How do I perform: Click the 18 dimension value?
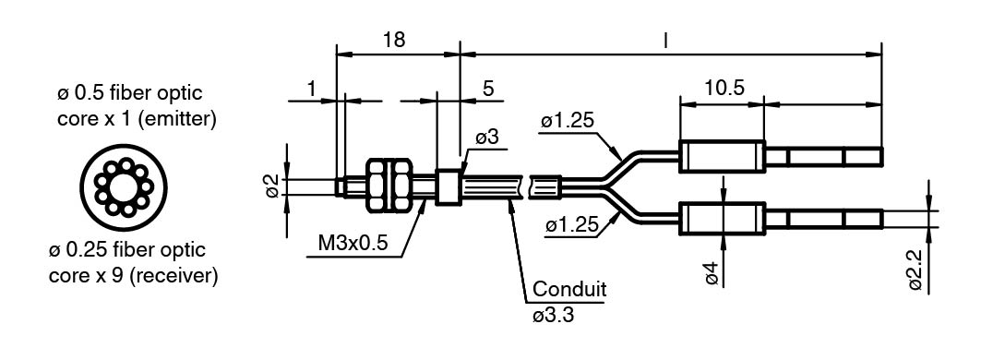[x=394, y=40]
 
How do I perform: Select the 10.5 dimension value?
[x=724, y=88]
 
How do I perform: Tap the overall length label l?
[x=665, y=41]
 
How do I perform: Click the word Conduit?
[x=569, y=289]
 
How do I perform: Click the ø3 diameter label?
[x=486, y=138]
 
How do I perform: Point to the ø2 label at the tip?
[x=272, y=186]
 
